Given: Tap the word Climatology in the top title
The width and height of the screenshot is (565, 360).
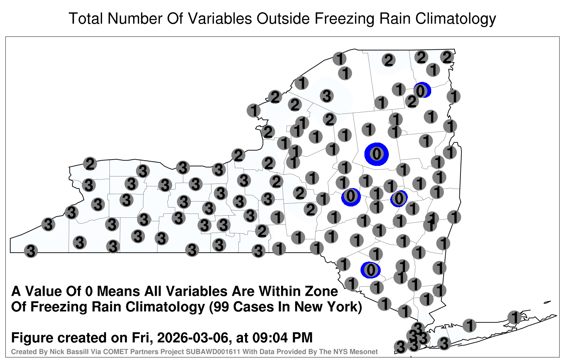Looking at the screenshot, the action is click(x=456, y=19).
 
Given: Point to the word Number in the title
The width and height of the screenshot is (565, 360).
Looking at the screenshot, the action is click(x=135, y=18).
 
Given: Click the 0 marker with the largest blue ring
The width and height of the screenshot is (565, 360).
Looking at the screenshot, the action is click(x=376, y=154).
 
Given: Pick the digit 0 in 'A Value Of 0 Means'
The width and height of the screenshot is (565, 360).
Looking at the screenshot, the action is click(x=89, y=292).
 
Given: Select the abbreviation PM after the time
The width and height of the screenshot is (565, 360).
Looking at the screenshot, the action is click(x=302, y=338).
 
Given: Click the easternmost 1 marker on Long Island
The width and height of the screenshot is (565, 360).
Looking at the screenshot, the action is click(x=515, y=317).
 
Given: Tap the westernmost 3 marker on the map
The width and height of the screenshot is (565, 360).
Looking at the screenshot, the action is click(x=31, y=251).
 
